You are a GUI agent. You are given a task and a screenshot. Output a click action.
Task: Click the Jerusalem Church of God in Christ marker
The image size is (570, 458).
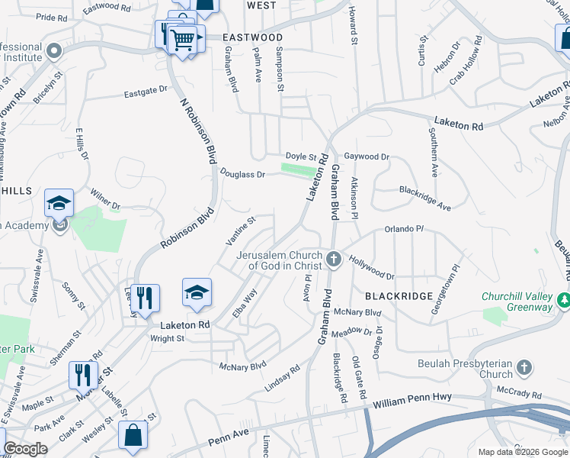coord(333,260)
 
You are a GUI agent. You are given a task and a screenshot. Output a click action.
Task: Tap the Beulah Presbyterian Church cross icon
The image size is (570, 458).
coord(524,369)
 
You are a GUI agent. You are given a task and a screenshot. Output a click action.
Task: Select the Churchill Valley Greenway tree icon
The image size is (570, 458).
coord(564,301)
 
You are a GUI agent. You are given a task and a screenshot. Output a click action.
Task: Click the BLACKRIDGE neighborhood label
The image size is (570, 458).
coord(399,295)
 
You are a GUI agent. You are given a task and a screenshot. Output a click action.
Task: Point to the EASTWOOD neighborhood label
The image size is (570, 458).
coord(253,37)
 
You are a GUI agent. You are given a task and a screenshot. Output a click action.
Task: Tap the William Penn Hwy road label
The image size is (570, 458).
coord(413,398)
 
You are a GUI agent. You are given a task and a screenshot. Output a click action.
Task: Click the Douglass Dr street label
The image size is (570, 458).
coord(242,174)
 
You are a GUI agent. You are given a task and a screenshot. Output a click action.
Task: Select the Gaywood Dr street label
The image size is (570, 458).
coord(367,156)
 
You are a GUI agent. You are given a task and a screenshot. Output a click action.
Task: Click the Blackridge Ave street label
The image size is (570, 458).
coord(425,198)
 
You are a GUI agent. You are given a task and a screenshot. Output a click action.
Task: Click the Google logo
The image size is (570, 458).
coord(25,449)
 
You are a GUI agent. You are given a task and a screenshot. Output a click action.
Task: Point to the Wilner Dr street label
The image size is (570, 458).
coord(105,201)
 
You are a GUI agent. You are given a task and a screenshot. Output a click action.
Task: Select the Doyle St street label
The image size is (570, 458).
coord(301,156)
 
